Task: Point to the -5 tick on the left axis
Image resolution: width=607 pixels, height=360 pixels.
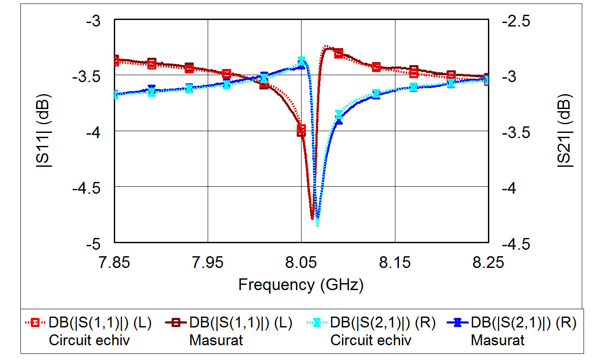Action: (101, 244)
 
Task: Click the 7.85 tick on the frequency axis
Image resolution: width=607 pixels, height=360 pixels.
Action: (114, 262)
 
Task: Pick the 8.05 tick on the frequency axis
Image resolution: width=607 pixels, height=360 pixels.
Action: (301, 262)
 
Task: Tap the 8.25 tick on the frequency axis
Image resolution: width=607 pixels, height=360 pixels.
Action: (488, 262)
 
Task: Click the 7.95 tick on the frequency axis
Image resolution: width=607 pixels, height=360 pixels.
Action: (208, 262)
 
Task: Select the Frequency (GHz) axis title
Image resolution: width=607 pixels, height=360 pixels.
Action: (301, 285)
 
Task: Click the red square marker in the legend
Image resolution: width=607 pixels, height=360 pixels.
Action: (35, 323)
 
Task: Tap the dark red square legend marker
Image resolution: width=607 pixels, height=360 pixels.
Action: (176, 323)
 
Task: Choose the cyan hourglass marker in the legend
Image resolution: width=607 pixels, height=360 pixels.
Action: (317, 323)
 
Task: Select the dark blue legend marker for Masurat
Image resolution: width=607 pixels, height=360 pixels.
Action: (457, 323)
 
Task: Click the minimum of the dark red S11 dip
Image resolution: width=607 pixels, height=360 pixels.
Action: (312, 219)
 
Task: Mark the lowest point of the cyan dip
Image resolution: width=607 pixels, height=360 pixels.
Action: (318, 225)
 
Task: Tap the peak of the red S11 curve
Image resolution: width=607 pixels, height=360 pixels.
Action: (326, 46)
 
